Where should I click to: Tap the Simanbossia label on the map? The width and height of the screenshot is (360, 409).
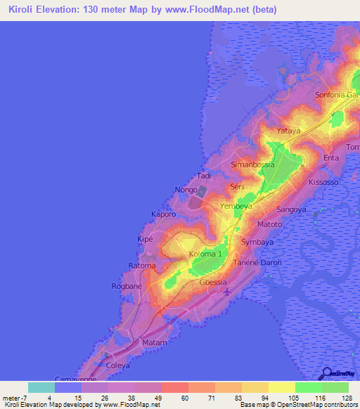[252, 164]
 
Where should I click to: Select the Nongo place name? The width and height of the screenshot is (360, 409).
[186, 190]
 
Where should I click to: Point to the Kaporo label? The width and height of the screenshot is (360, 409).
[164, 214]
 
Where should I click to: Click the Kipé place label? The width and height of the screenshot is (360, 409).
[144, 240]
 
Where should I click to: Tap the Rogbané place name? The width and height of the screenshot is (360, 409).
[127, 286]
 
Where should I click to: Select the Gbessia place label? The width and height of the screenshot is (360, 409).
[214, 283]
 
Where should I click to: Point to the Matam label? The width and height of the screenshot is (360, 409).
[155, 342]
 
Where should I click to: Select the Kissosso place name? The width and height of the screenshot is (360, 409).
[323, 182]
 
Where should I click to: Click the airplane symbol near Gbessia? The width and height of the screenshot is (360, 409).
[226, 292]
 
